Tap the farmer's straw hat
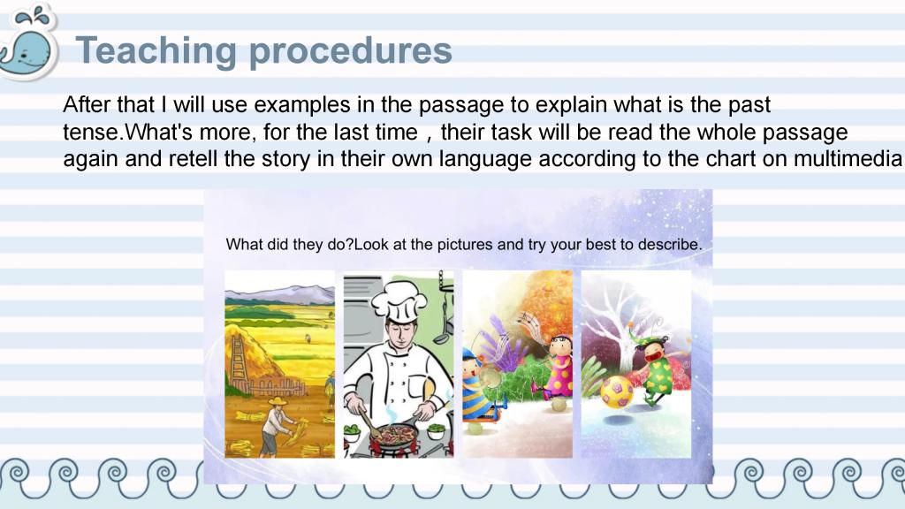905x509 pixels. click(x=277, y=401)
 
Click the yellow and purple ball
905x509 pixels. click(x=617, y=391)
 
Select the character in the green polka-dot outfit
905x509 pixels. click(x=658, y=370)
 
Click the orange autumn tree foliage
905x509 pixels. click(x=544, y=300)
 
